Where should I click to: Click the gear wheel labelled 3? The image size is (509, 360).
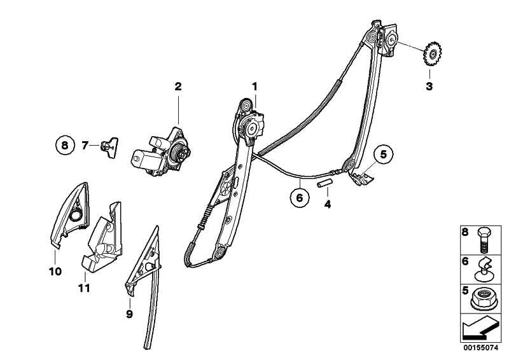[x=431, y=54]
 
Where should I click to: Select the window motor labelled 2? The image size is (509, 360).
[x=161, y=152]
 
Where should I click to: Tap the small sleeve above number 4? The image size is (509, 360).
[x=325, y=183]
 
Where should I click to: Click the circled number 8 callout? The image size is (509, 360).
[x=65, y=145]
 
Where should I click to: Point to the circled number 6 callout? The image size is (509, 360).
[x=300, y=197]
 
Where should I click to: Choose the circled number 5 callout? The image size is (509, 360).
[x=384, y=155]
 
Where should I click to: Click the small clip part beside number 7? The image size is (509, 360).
[x=109, y=148]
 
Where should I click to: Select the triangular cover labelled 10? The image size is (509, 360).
[x=70, y=214]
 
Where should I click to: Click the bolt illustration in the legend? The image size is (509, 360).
[x=484, y=240]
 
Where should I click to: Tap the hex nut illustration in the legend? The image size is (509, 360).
[x=482, y=298]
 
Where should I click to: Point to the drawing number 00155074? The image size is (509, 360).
[x=480, y=348]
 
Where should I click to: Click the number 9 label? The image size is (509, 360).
[x=130, y=314]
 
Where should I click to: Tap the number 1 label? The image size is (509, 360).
[x=255, y=87]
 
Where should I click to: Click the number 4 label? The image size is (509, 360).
[x=328, y=205]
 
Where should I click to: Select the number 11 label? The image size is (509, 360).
[x=84, y=288]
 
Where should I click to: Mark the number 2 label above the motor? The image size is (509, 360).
[x=178, y=87]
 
